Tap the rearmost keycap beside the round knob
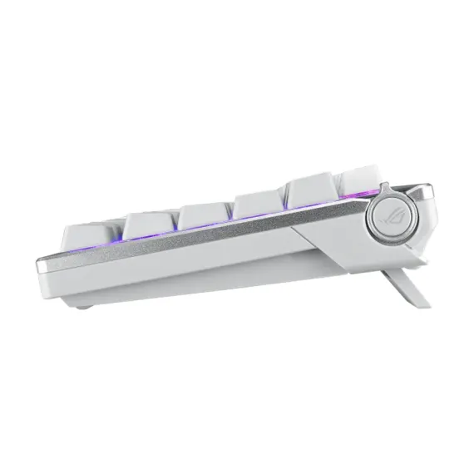pos(358,178)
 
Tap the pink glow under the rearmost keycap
pos(349,200)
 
